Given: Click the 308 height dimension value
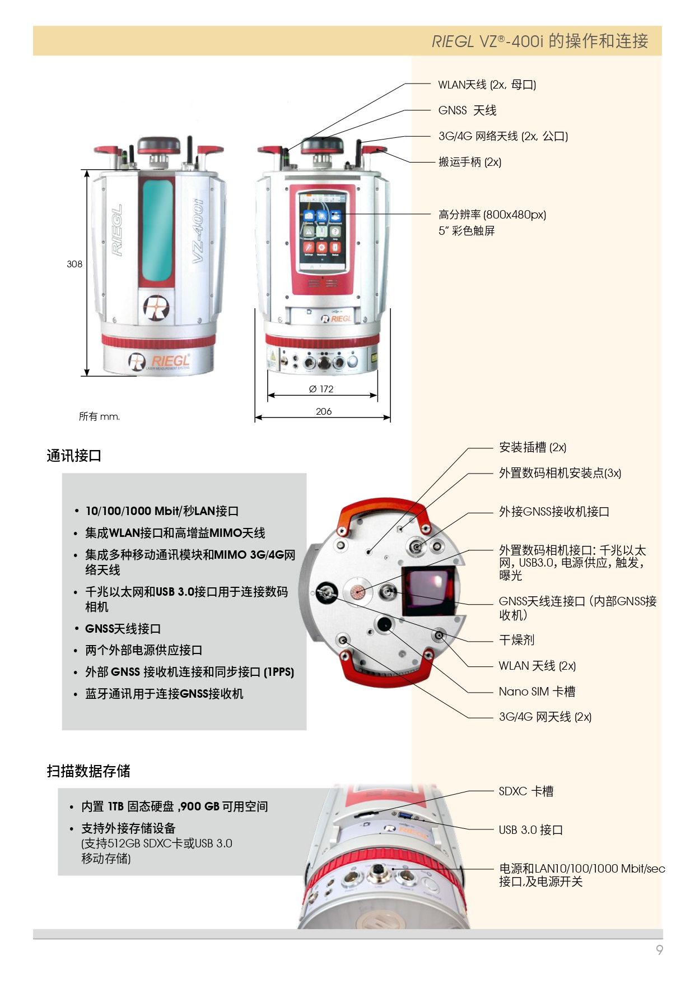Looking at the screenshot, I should [x=74, y=264].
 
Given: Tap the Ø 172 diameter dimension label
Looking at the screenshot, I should [x=321, y=389].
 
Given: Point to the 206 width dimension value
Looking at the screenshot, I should [x=324, y=411].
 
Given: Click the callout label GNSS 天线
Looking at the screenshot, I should [x=467, y=110].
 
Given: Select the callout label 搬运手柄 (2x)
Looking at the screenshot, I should [x=469, y=162].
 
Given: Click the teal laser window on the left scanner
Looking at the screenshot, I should [x=157, y=230].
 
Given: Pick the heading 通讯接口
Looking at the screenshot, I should [x=74, y=456].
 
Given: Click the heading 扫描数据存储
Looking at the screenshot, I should [x=88, y=771].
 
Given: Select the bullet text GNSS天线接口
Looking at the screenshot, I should [x=123, y=629].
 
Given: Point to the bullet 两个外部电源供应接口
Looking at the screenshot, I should [x=143, y=650].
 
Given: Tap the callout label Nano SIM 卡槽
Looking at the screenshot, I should [x=537, y=692].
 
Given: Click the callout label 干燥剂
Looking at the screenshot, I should [x=516, y=640].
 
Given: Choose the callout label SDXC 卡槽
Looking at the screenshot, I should [x=526, y=791].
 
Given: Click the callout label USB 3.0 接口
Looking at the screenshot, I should [x=530, y=830].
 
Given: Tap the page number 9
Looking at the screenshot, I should [x=659, y=949].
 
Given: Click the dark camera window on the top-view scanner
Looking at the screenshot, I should [x=428, y=591].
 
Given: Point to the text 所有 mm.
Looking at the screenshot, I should [x=99, y=416].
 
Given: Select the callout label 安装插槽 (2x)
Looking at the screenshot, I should [x=532, y=447].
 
